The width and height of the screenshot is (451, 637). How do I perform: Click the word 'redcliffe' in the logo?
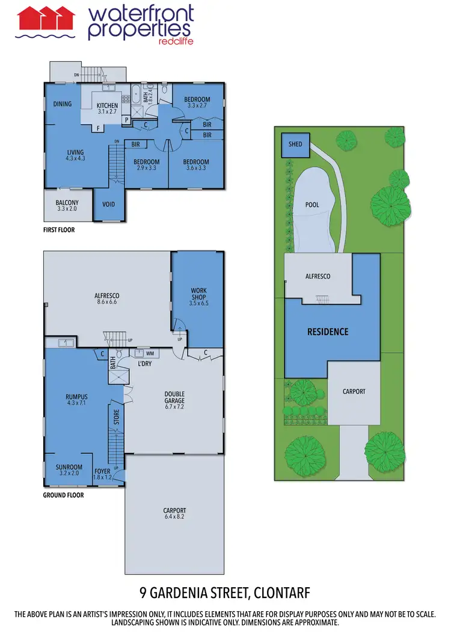coord(174,41)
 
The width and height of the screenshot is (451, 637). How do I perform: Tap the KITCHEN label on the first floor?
coord(108,106)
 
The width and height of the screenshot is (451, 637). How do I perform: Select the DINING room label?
coord(63,104)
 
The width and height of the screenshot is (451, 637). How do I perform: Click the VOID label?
coord(109,204)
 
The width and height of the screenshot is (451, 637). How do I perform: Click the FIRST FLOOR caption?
coord(59,229)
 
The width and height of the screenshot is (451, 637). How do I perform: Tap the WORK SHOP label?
coord(198,294)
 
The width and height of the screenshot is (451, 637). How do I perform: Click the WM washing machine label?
coord(150,354)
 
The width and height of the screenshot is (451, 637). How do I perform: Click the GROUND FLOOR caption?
coord(63,495)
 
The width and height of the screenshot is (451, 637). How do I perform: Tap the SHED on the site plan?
coord(295,144)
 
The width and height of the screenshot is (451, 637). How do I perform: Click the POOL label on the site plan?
coord(312,205)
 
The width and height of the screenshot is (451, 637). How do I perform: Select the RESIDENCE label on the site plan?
coord(328,331)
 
